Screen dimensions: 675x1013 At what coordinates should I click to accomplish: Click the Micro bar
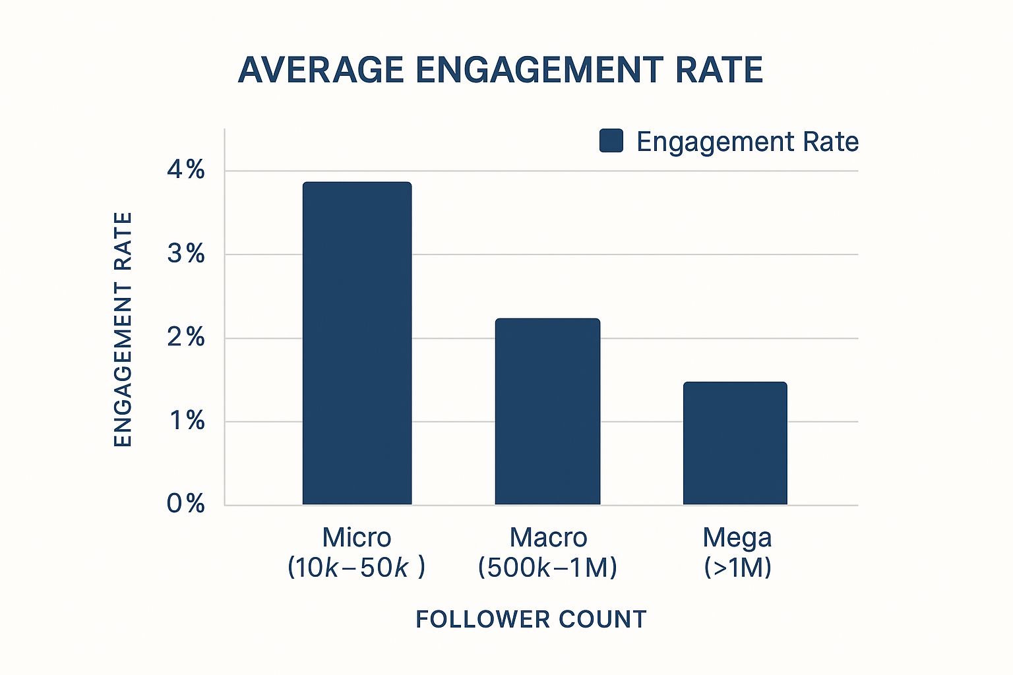click(x=357, y=343)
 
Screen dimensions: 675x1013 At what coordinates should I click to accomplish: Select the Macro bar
click(x=547, y=411)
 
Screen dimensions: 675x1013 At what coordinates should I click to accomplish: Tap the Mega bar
click(x=735, y=443)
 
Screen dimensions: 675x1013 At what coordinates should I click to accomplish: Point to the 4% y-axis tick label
click(x=186, y=171)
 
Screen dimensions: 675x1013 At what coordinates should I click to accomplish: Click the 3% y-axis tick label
click(x=186, y=254)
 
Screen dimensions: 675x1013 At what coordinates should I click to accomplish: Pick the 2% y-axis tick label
click(x=186, y=337)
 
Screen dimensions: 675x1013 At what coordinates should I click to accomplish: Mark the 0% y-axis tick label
click(x=186, y=504)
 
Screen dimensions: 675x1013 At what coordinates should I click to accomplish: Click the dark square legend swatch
click(x=611, y=141)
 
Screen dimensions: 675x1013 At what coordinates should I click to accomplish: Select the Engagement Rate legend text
click(x=747, y=142)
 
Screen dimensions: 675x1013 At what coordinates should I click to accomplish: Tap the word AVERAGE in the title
click(x=321, y=70)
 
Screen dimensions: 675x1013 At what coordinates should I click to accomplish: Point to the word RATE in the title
click(x=719, y=70)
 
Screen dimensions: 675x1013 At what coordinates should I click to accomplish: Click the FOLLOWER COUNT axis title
click(x=531, y=620)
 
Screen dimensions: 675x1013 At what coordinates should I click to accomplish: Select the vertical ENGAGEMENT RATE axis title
click(x=123, y=330)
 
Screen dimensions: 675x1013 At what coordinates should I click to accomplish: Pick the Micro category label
click(x=357, y=538)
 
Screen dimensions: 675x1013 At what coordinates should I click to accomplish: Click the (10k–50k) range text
click(x=356, y=568)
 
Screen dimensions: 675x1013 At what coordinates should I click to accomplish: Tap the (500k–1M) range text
click(x=547, y=568)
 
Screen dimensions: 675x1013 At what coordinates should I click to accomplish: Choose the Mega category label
click(x=737, y=538)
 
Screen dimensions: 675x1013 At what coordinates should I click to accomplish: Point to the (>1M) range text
click(x=737, y=568)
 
